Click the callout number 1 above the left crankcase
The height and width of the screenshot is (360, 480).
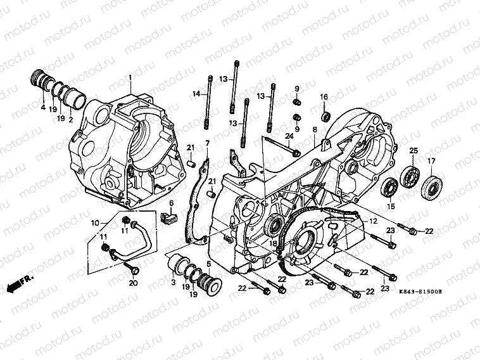(130, 78)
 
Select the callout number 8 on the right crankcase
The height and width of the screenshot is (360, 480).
(314, 130)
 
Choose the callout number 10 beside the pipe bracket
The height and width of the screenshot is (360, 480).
(94, 223)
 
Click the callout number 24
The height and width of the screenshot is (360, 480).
(289, 136)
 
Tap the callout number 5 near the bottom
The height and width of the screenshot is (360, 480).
(209, 263)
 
